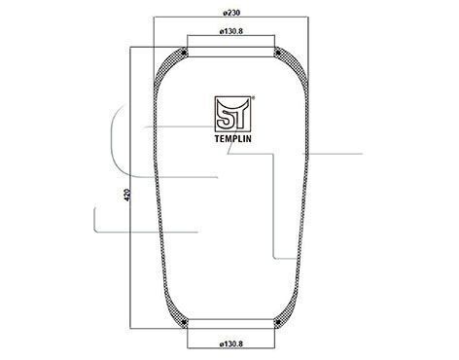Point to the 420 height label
(127, 195)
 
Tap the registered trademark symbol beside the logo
(253, 96)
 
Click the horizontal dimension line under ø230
(231, 18)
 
